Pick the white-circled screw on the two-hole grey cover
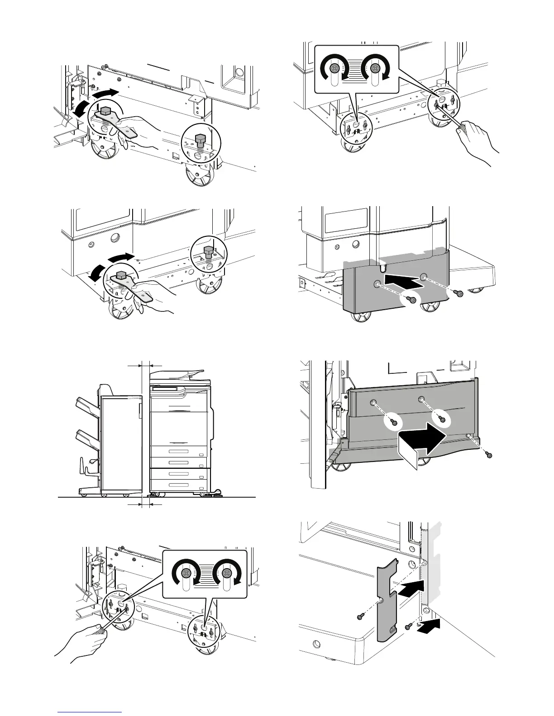(x=411, y=299)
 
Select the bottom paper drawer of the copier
(x=179, y=485)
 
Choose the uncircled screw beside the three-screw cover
(x=488, y=455)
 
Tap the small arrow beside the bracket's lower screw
(x=428, y=626)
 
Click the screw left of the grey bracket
(x=361, y=616)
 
